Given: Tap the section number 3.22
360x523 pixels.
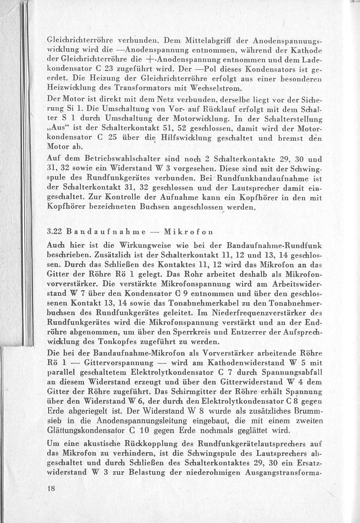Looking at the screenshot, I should point(55,231).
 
